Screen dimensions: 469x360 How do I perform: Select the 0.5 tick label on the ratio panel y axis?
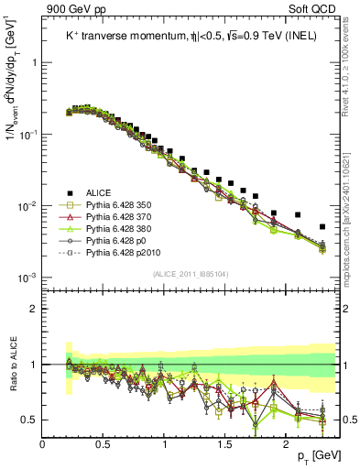(27, 420)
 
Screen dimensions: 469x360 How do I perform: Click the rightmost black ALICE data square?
(322, 226)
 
